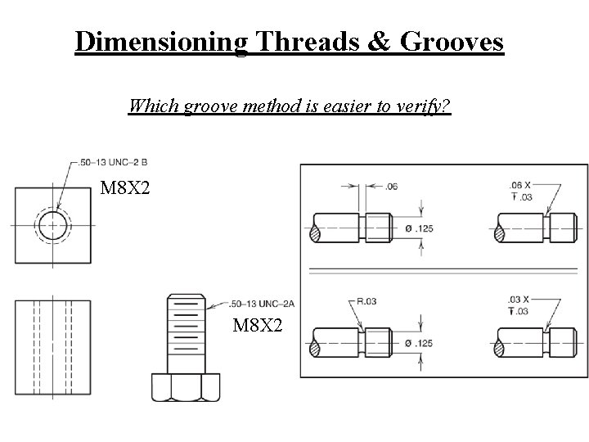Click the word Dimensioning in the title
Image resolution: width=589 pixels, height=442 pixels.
(160, 41)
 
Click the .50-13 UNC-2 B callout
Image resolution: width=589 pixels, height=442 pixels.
(115, 161)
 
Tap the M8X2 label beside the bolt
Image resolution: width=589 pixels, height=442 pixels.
(259, 326)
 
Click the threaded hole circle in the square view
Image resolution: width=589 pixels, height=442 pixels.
(52, 223)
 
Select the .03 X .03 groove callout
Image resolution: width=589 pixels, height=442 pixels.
(519, 305)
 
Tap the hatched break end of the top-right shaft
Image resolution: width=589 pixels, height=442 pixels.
(500, 233)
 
